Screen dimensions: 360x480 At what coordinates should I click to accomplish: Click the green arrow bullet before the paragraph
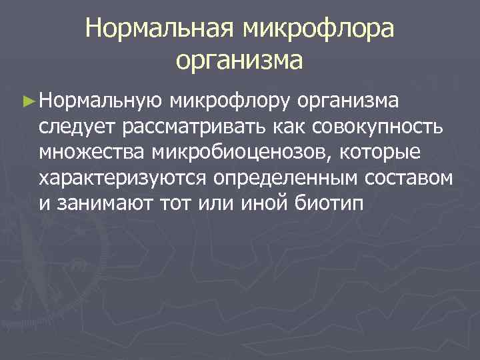point(27,102)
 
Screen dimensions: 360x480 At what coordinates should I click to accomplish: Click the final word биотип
point(329,203)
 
